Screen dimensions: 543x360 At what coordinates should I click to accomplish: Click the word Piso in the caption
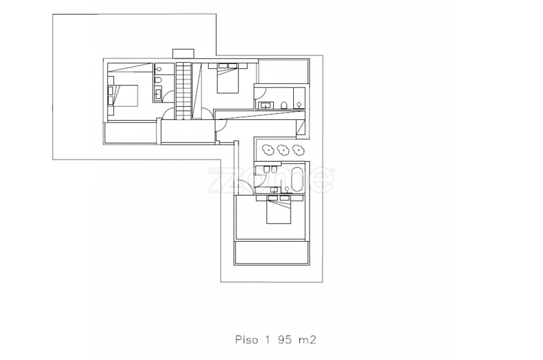point(247,339)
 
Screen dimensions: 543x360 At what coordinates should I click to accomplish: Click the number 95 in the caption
point(284,339)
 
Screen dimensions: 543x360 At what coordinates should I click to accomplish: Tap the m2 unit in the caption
point(307,340)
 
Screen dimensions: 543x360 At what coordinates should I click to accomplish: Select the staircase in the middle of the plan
point(183,90)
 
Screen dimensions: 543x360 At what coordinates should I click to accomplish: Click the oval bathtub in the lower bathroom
point(297,179)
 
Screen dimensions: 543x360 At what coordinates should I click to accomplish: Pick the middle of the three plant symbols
point(283,150)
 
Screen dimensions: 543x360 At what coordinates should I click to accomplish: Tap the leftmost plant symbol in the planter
point(268,150)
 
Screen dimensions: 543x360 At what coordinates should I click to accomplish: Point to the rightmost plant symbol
point(298,150)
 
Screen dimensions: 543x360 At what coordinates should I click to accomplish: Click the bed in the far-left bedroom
point(123,95)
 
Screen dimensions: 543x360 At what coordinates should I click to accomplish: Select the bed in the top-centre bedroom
point(228,78)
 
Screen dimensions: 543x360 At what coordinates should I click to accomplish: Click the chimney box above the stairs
point(183,54)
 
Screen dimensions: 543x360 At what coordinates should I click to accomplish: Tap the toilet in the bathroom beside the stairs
point(157,81)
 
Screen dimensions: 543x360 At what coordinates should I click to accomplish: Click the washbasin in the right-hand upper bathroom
point(265,105)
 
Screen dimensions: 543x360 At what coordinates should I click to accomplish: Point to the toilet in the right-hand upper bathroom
point(284,106)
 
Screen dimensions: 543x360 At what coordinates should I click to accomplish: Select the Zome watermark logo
point(271,180)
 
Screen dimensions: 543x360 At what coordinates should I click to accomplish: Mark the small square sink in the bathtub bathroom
point(275,189)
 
